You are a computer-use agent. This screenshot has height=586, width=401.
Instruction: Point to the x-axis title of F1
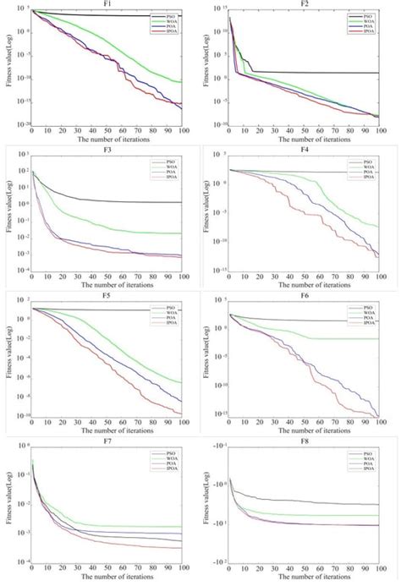[107, 140]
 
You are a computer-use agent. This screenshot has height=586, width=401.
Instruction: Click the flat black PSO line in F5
[127, 309]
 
